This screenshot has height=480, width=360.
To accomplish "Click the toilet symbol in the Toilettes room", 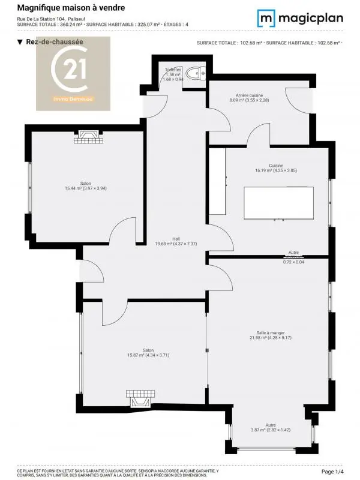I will [x=196, y=73].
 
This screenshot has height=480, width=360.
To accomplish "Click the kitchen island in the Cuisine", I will [x=278, y=203].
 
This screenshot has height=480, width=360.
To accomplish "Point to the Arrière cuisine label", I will [x=248, y=98].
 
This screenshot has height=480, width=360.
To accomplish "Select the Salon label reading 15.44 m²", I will [x=85, y=186].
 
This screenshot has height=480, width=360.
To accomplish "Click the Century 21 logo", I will [x=73, y=73].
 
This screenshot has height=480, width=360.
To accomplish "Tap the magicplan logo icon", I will [x=267, y=18].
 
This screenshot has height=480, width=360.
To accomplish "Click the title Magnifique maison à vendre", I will [x=71, y=8].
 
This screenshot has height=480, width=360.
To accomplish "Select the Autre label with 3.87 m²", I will [x=271, y=428].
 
